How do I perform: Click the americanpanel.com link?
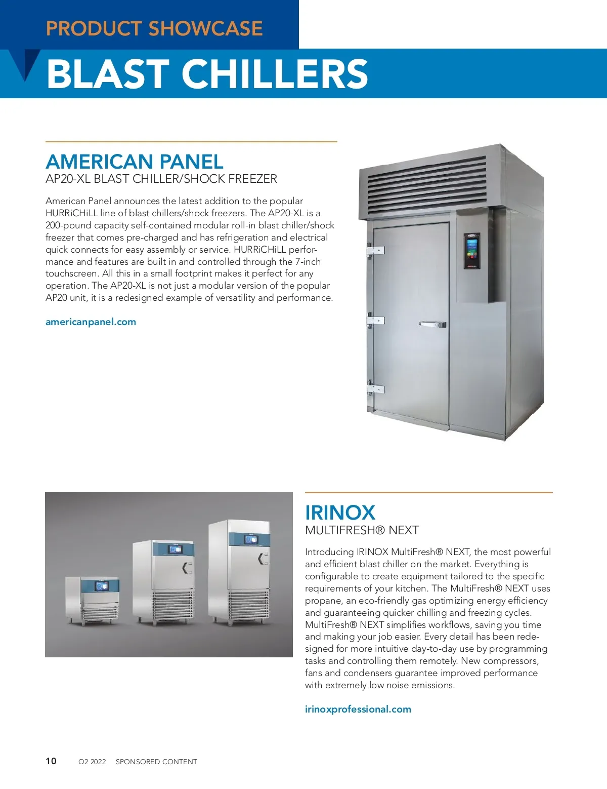[x=91, y=322]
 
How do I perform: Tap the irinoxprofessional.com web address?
[x=358, y=709]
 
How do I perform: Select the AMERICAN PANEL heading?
[x=135, y=162]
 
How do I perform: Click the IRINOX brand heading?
[x=340, y=512]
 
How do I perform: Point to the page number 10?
[x=51, y=761]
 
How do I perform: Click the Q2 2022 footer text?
[x=92, y=762]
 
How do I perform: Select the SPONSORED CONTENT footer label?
[x=156, y=762]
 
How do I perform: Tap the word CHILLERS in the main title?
[x=275, y=74]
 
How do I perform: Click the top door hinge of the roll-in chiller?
[x=375, y=250]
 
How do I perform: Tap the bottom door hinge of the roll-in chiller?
[x=375, y=389]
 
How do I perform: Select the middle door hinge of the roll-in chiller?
[x=375, y=320]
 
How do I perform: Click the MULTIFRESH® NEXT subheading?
[x=362, y=530]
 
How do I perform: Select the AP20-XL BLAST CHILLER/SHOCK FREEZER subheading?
[x=161, y=179]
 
